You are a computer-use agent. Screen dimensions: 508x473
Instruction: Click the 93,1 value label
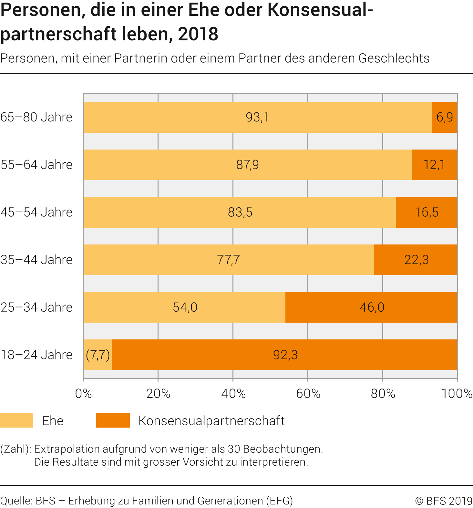pos(257,117)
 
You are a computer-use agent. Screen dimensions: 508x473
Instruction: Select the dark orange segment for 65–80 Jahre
pos(444,117)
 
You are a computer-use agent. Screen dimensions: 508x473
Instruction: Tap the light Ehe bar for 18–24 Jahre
pos(98,355)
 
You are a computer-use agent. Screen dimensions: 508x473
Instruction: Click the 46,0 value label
pos(372,307)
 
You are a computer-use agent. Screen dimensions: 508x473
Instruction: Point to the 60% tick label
pos(308,394)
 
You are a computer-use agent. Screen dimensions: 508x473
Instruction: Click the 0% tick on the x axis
pos(83,394)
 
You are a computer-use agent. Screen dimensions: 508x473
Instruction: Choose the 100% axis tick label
pos(457,394)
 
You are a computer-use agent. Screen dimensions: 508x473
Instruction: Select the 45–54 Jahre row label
pos(36,213)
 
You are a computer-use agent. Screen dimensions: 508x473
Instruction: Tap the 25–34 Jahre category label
pos(36,307)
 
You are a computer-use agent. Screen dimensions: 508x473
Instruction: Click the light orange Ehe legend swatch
pos(16,420)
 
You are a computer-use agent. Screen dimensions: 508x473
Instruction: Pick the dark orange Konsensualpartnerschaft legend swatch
pos(113,420)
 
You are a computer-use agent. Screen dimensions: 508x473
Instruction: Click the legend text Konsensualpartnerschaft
pos(211,421)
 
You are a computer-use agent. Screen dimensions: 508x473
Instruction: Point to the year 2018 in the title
pos(198,34)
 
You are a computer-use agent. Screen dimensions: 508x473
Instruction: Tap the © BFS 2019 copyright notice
pos(444,501)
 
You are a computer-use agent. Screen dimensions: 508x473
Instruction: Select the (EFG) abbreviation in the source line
pos(279,501)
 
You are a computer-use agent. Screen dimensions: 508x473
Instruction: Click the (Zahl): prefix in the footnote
pos(16,449)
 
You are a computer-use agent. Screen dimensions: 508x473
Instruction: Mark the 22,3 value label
pos(416,260)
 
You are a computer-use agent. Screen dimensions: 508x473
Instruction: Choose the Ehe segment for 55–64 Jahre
pos(247,165)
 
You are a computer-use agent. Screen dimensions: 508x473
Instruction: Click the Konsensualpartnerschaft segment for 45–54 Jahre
pos(427,212)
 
